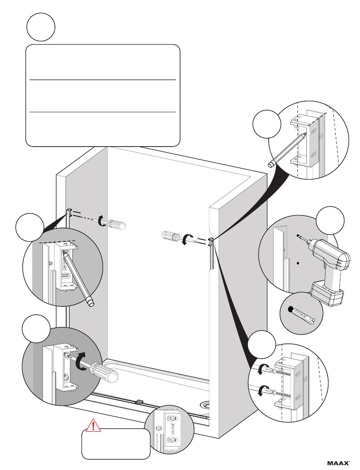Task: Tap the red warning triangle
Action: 92,425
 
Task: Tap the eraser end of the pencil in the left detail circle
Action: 90,302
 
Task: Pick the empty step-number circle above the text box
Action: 41,27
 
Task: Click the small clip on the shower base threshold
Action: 139,401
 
